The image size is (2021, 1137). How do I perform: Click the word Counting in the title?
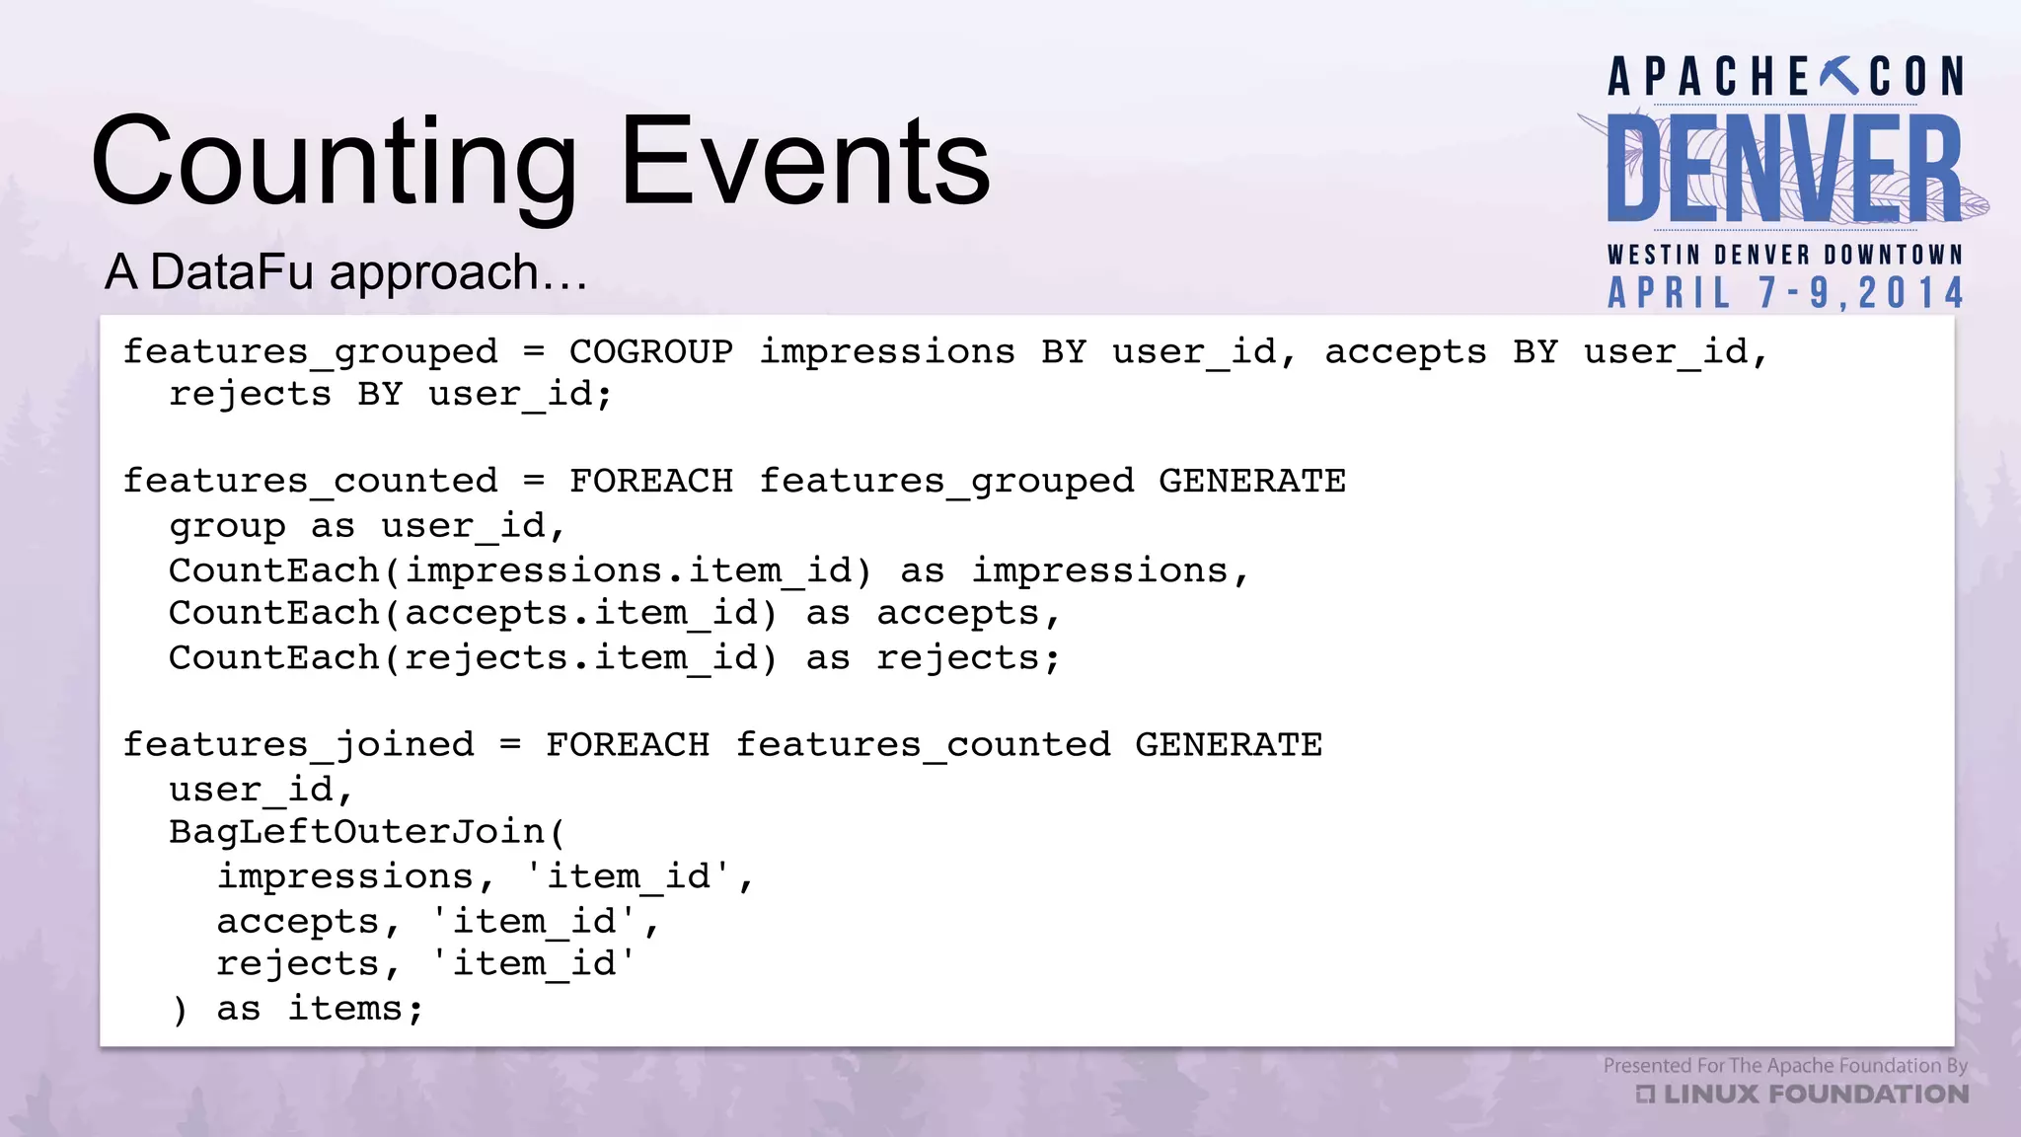click(334, 163)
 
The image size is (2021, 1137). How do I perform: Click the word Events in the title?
click(804, 163)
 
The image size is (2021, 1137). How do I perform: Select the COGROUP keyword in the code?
click(651, 351)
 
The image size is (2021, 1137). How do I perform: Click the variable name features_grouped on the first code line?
click(310, 351)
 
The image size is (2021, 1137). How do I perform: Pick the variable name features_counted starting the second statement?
click(310, 481)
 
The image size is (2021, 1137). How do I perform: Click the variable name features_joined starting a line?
click(298, 744)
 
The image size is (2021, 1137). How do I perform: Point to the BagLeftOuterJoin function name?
click(357, 831)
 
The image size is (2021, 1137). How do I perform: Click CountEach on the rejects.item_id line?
click(274, 657)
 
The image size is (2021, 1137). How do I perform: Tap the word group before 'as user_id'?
click(227, 526)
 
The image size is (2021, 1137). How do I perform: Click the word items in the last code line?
click(345, 1009)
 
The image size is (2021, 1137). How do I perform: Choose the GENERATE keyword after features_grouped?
click(1251, 481)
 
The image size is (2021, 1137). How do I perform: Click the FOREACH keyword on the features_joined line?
click(628, 744)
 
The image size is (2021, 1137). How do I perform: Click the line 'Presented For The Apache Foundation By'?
click(1784, 1066)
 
